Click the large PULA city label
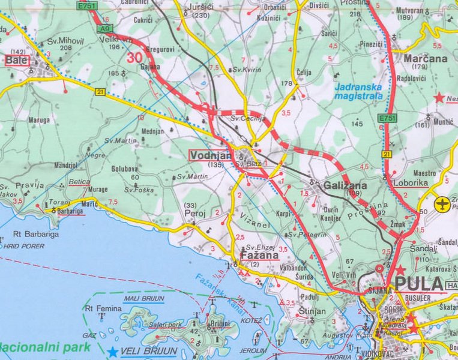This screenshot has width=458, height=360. pos(418,284)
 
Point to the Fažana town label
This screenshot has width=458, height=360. pos(259,256)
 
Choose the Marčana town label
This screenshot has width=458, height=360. pos(425,59)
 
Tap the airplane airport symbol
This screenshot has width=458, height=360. pos(443,204)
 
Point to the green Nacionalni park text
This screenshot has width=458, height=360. pos(44,347)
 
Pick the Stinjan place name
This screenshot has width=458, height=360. pos(313,311)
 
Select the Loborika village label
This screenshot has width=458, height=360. pos(410,184)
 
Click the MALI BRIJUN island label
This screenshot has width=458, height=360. pos(143,299)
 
